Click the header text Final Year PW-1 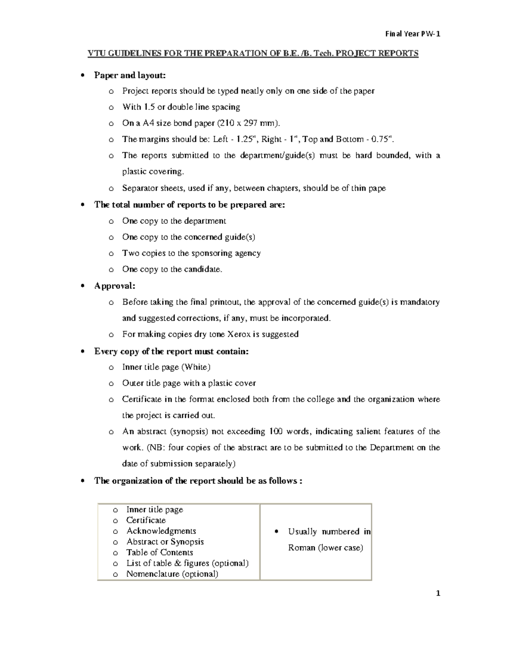coord(412,34)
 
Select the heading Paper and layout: coord(130,75)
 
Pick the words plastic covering coord(153,172)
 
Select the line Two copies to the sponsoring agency coord(191,253)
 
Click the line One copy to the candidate coord(172,269)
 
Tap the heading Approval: coord(114,286)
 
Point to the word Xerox coord(239,335)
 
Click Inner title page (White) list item coord(166,367)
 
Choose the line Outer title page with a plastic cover coord(189,384)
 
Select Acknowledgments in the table coord(161,531)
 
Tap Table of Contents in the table coord(159,553)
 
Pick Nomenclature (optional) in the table coord(172,574)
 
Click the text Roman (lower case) coord(325,548)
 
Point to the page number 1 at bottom coord(438,593)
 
